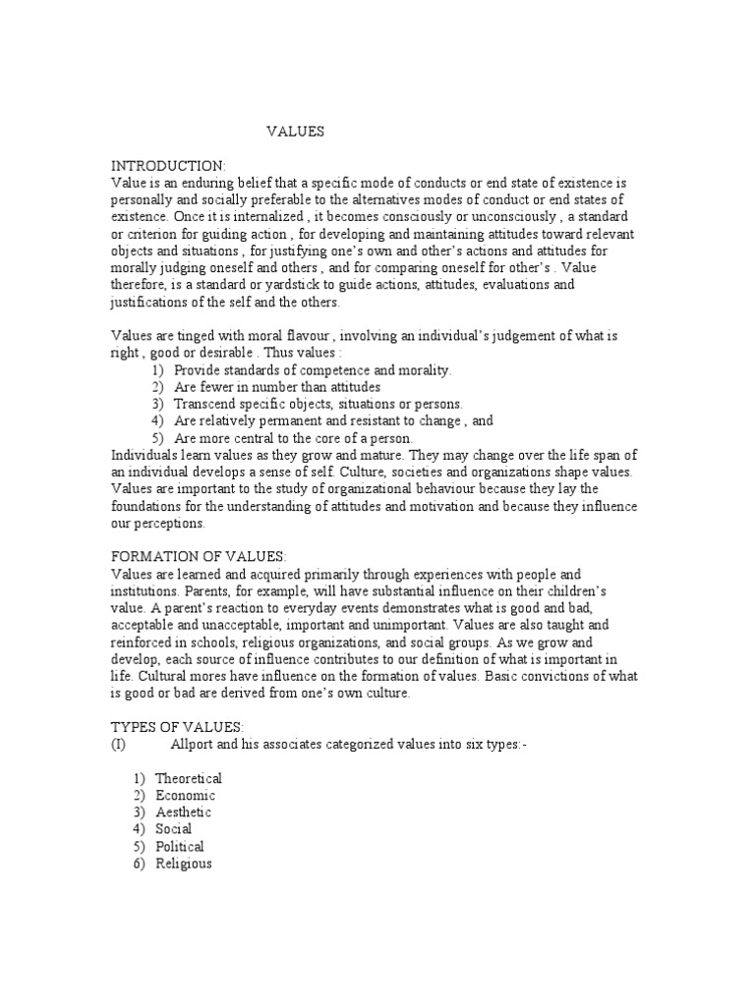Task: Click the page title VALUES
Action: coord(295,131)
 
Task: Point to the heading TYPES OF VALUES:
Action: coord(175,727)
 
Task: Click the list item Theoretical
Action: coord(189,779)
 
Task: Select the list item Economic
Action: coord(185,796)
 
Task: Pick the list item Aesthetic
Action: coord(183,812)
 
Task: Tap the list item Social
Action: coord(173,829)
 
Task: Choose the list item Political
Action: coord(180,846)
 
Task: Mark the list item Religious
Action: coord(184,864)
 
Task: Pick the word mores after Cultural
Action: coord(222,677)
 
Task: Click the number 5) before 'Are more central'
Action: coord(157,438)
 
